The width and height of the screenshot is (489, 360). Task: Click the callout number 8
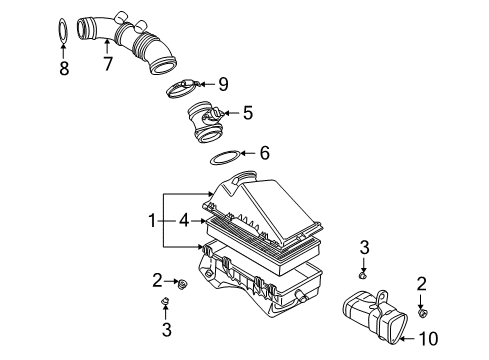click(x=64, y=68)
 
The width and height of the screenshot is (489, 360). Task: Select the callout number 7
click(x=107, y=63)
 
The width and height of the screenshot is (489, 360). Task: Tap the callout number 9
click(x=223, y=84)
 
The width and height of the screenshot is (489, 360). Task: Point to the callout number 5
click(x=248, y=113)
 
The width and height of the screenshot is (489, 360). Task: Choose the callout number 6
click(x=264, y=153)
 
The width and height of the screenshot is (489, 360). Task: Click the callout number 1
click(x=152, y=221)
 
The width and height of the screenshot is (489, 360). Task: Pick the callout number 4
click(x=184, y=221)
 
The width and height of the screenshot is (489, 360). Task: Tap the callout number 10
click(x=428, y=339)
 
